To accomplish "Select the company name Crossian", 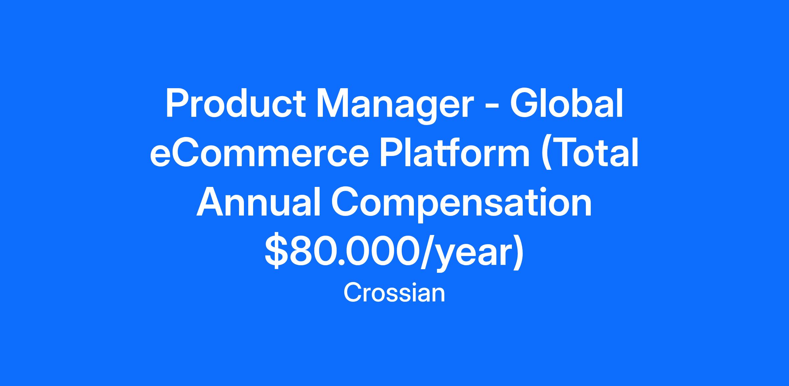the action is click(x=394, y=293).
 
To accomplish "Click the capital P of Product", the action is click(x=178, y=103).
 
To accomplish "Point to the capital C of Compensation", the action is click(x=346, y=202).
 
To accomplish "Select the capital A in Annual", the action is click(x=211, y=202).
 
